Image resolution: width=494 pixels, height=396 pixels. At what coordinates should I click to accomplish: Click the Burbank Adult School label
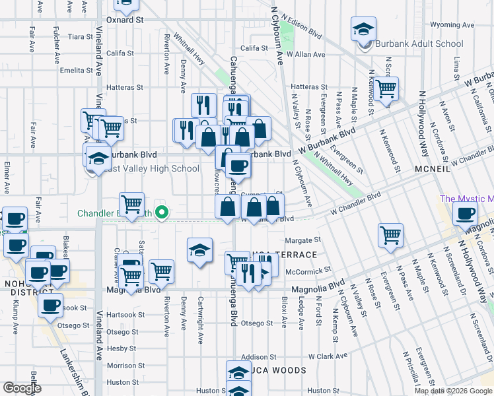[x=419, y=44]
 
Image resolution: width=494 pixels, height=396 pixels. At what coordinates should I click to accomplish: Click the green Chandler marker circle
[x=160, y=213]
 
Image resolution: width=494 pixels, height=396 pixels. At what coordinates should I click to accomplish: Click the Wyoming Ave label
[x=452, y=25]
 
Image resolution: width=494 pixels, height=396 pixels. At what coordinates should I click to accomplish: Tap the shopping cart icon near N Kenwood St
[x=386, y=88]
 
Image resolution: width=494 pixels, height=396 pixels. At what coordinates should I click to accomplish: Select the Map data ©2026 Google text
[x=453, y=391]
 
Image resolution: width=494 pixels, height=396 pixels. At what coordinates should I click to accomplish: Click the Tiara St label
[x=78, y=37]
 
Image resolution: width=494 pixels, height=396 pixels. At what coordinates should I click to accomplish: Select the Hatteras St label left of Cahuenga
[x=125, y=87]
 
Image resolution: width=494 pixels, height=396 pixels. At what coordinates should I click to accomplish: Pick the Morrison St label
[x=121, y=365]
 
